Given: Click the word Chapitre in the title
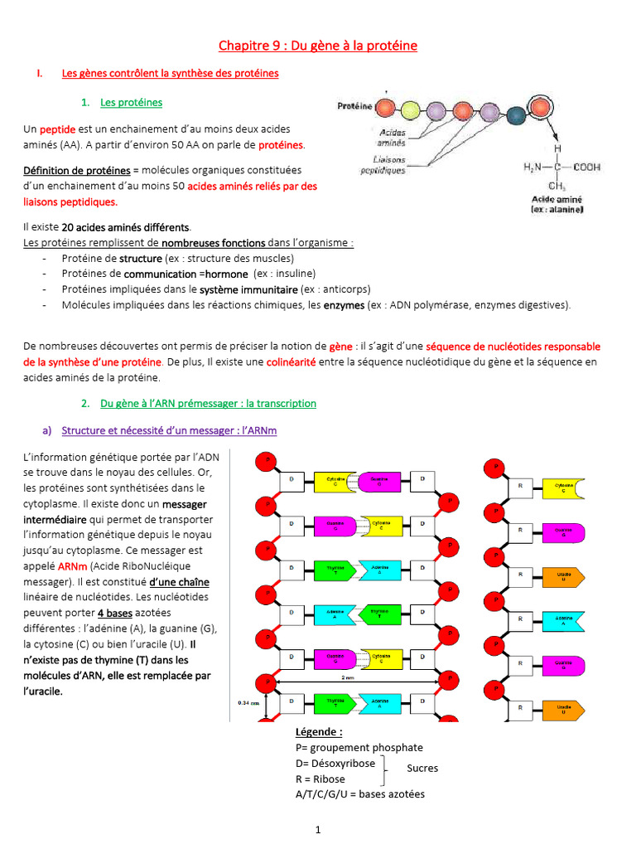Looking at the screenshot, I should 243,45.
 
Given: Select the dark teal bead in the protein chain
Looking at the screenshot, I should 515,116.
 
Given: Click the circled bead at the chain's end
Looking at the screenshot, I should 540,109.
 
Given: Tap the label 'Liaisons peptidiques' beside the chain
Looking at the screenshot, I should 382,165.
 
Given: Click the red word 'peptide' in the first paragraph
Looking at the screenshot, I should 58,130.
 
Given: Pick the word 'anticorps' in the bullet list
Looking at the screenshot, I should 345,289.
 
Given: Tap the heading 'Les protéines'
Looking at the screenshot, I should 131,103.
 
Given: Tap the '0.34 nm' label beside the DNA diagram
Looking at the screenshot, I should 248,704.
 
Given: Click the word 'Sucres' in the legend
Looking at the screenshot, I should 422,769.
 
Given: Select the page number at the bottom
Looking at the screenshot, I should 317,829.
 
